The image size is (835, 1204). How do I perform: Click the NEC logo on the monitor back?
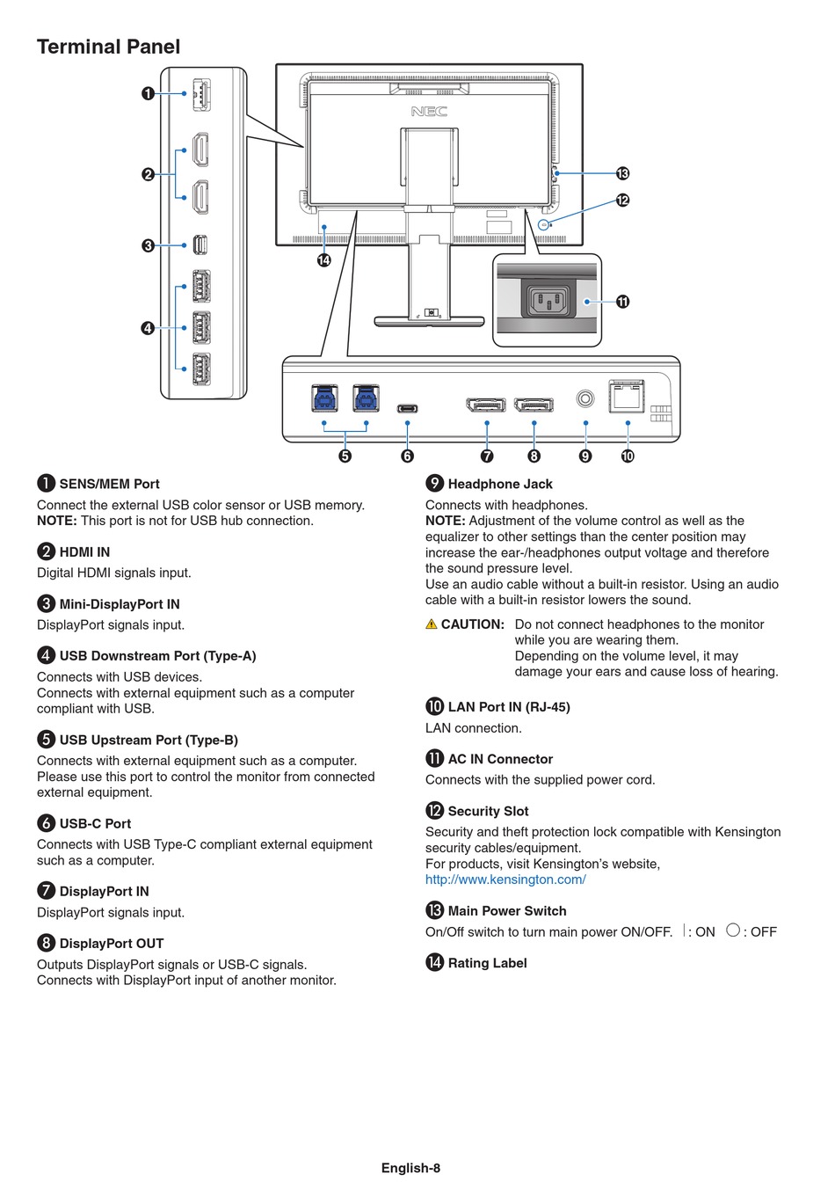429,111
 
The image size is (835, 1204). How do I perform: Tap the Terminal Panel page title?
108,47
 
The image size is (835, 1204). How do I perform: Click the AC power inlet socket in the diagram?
548,300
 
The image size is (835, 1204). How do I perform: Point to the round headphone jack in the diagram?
584,398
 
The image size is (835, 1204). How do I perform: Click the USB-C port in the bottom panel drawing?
407,408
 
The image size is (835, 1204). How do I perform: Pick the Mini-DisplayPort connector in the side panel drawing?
200,245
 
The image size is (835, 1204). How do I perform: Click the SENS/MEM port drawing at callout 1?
201,94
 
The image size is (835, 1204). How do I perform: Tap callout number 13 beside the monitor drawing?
622,173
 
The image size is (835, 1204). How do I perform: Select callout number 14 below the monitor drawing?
323,260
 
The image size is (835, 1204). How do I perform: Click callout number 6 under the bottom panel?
407,456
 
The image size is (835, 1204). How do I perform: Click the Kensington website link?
505,879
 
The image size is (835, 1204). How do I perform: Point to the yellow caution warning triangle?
431,624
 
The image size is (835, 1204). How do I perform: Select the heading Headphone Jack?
500,484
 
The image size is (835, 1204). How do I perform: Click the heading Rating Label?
487,963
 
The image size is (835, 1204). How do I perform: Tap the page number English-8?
410,1168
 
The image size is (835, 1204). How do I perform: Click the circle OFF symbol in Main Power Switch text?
732,930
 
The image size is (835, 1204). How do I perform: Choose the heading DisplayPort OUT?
112,944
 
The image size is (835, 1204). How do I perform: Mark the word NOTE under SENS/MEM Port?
56,521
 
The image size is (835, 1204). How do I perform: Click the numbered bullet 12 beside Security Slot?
434,810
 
